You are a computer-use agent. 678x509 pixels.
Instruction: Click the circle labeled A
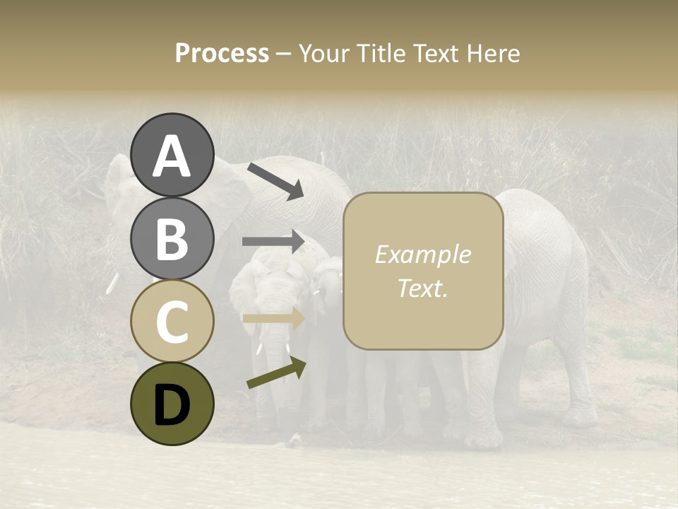[172, 155]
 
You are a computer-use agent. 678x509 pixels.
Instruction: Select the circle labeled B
[172, 238]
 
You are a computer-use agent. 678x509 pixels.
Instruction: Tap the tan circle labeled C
[172, 321]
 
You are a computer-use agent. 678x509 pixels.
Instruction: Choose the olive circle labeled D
[172, 404]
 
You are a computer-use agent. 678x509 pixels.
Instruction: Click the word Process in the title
[222, 53]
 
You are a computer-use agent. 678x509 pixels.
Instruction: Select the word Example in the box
[422, 255]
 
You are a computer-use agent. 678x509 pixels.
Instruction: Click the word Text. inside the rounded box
[422, 288]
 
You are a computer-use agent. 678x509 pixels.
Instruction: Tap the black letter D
[172, 404]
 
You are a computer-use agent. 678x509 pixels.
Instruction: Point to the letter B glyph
[172, 239]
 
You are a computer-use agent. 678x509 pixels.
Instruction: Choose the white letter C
[172, 322]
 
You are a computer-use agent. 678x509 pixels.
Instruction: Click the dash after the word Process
[284, 54]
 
